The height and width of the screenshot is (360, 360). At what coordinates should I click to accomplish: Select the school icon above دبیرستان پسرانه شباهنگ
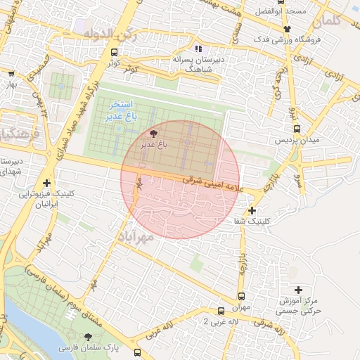(x=198, y=49)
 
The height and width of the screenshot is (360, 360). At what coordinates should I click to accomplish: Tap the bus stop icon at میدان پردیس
(x=297, y=129)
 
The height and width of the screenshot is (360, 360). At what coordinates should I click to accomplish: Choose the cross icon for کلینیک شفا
(x=252, y=210)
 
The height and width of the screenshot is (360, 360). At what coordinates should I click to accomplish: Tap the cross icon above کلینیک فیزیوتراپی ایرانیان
(x=46, y=182)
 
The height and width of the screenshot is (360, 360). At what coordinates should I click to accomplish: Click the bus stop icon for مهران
(x=242, y=296)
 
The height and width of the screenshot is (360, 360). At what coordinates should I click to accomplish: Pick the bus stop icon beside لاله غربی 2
(x=221, y=310)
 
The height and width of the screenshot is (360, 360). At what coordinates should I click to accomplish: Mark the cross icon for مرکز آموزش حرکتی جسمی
(x=299, y=289)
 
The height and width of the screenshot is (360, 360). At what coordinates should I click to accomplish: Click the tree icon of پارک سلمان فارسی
(x=88, y=337)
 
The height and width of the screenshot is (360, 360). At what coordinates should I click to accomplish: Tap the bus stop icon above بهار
(x=11, y=72)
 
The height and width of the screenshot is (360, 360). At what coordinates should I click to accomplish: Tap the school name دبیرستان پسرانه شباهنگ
(x=198, y=65)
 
